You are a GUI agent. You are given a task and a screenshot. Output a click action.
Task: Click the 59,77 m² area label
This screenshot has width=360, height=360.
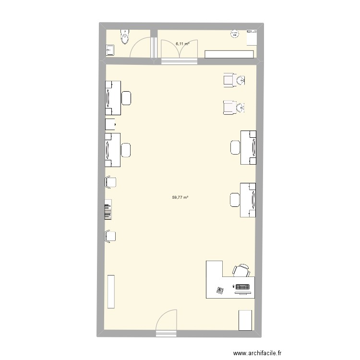180,197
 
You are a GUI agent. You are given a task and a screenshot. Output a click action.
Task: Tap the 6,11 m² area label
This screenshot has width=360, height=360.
182,44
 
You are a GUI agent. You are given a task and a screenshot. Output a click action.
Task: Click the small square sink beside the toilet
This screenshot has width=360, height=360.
110,49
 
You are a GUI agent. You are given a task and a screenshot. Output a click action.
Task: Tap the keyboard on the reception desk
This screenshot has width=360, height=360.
242,288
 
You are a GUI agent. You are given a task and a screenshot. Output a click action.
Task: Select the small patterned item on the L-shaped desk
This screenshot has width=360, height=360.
220,290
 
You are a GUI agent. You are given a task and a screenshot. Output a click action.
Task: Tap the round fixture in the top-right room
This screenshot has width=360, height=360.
235,34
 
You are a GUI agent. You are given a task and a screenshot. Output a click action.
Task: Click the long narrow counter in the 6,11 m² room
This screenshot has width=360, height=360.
230,54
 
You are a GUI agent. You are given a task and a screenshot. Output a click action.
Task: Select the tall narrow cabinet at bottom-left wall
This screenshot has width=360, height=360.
111,291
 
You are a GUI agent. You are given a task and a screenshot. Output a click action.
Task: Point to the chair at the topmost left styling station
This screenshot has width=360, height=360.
127,98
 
